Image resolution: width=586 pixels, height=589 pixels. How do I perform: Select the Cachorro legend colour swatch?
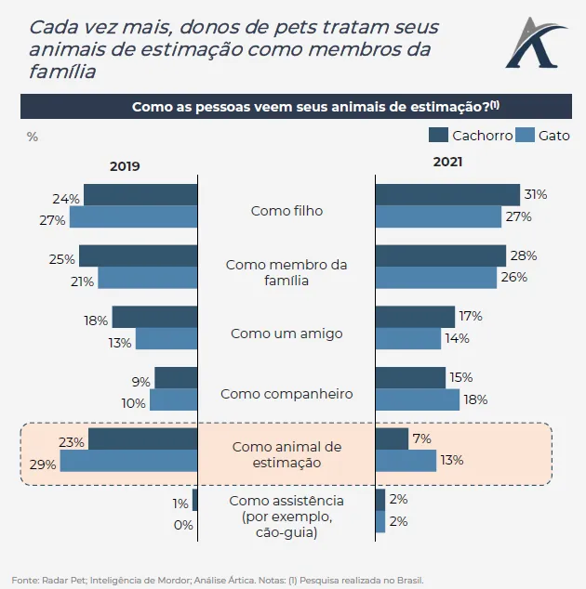[438, 135]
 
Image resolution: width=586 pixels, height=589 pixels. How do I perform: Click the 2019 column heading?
[125, 166]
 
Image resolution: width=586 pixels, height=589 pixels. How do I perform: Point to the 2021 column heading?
[447, 162]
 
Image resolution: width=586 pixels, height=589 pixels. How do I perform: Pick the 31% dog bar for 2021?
[447, 195]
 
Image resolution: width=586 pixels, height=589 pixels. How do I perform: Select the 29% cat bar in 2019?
[129, 461]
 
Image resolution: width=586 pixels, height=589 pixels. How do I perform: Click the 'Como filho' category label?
[286, 211]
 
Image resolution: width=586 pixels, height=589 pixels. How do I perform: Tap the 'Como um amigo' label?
[286, 333]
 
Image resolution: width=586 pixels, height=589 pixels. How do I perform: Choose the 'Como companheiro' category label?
[286, 394]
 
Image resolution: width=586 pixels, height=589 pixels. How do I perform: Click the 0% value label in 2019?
[183, 525]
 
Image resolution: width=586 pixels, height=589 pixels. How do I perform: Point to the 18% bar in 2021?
[418, 399]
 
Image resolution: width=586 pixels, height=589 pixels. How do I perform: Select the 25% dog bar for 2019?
[139, 256]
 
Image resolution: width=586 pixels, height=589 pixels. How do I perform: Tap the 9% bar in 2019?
[176, 378]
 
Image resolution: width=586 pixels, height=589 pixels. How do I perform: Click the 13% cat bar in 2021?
[406, 461]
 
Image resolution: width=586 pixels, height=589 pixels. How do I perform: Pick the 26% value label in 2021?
[514, 277]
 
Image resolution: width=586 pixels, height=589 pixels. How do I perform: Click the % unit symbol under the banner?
[33, 137]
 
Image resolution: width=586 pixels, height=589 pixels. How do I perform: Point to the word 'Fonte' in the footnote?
[25, 579]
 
